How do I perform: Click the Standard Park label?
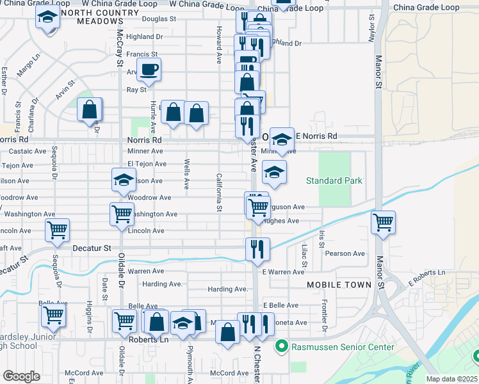[334, 181]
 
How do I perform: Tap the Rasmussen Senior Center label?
[343, 348]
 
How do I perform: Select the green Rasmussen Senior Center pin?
[280, 348]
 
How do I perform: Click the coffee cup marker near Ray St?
[149, 70]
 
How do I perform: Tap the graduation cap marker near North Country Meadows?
[47, 19]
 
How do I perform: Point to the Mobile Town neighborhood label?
[339, 284]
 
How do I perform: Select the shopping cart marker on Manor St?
[383, 223]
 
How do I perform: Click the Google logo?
[21, 376]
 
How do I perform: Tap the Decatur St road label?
[92, 248]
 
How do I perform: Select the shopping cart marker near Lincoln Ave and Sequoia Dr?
[58, 230]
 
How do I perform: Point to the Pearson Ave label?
[345, 253]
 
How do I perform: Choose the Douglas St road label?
[159, 19]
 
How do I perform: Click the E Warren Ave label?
[282, 272]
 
